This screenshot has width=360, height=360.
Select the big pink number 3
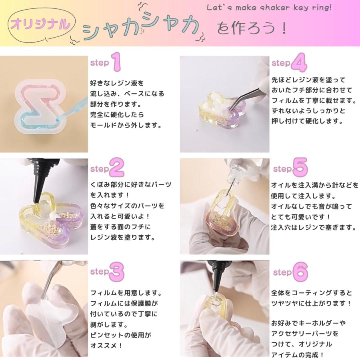(x=117, y=272)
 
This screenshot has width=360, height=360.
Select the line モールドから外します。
(x=125, y=126)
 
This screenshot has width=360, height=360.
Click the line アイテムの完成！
(x=298, y=354)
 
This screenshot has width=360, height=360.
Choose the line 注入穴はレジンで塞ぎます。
(x=313, y=228)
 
